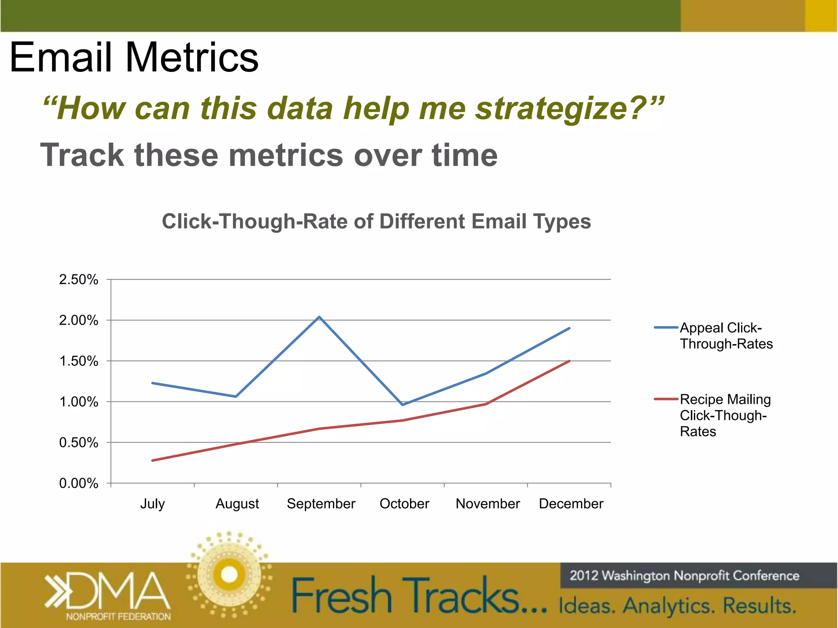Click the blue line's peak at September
point(319,317)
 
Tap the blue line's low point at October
point(403,405)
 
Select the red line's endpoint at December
point(569,361)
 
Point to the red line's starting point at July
point(153,460)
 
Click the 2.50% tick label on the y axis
point(79,280)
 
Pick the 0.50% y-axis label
point(79,442)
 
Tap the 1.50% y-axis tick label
point(79,361)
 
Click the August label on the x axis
point(237,504)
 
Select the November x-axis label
point(487,504)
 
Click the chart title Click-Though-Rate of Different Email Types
point(376,222)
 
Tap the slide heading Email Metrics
point(134,57)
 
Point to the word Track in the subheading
point(82,155)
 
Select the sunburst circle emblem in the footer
point(229,574)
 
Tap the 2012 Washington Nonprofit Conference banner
point(684,576)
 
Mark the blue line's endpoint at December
point(569,328)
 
